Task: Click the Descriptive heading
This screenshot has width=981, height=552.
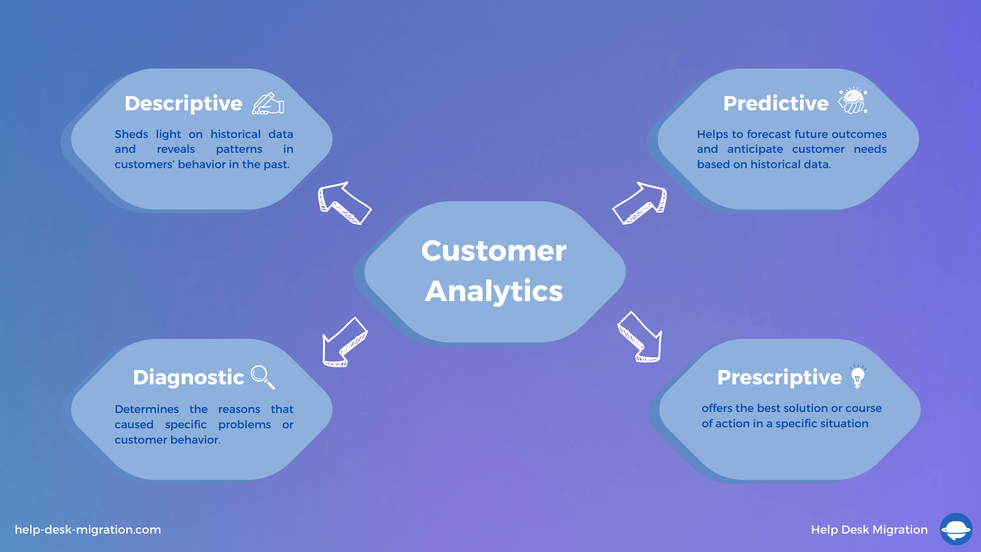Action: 183,104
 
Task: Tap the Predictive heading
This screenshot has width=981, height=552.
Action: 776,103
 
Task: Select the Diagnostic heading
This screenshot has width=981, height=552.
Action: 189,378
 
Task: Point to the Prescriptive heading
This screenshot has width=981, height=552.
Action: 779,378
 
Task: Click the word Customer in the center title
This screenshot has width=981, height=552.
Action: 494,250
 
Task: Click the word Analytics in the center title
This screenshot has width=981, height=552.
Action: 494,291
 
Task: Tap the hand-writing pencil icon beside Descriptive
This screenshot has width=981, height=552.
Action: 268,103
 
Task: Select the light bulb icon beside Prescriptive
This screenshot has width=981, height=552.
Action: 857,377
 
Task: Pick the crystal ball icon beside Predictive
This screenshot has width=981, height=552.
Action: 853,100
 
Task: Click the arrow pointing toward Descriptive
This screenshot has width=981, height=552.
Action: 344,203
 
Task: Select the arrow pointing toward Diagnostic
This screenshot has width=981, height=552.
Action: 344,342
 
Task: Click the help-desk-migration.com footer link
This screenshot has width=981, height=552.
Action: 88,530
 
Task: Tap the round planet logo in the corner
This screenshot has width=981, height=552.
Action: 956,530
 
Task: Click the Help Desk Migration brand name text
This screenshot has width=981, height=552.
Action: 869,530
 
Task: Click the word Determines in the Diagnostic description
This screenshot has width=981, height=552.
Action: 147,409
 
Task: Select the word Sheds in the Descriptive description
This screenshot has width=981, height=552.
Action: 131,134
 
